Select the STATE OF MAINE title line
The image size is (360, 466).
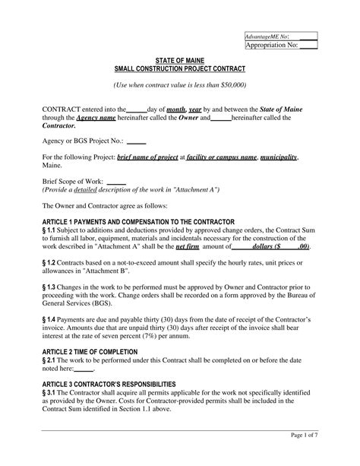(180, 59)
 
